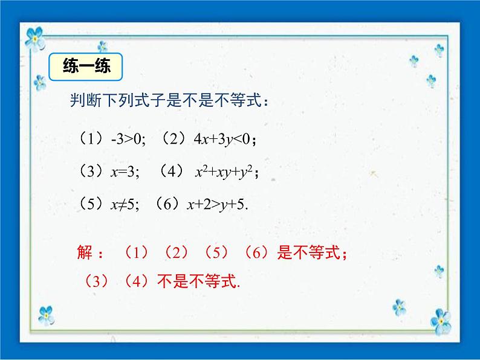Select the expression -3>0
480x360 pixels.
click(x=126, y=140)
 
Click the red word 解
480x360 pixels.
click(x=86, y=252)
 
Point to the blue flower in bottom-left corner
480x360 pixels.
click(x=46, y=314)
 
